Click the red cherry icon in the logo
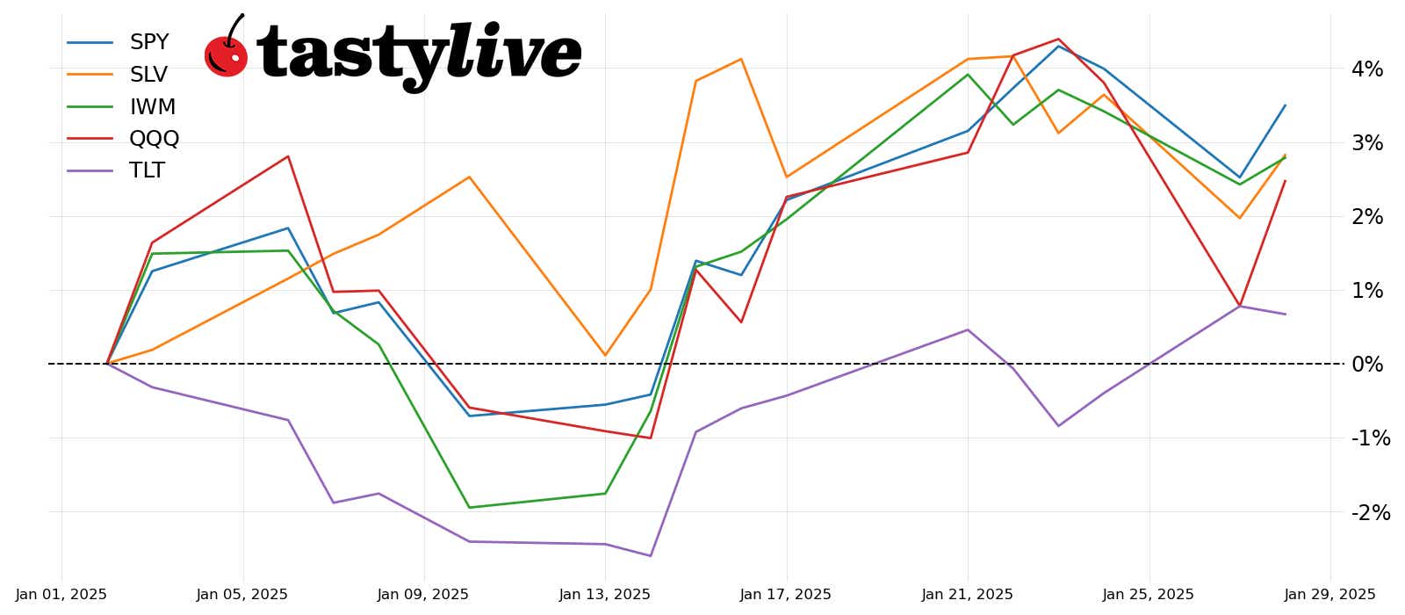[x=226, y=54]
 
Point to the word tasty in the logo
[x=351, y=54]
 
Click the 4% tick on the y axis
[x=1366, y=69]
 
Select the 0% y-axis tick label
[x=1366, y=365]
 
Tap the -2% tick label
[x=1370, y=512]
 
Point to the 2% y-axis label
[x=1366, y=217]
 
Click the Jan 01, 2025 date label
[x=61, y=595]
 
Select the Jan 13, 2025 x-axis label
[x=605, y=595]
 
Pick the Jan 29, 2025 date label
[x=1329, y=595]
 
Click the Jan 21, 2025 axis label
[x=967, y=595]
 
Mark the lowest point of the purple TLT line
[x=651, y=555]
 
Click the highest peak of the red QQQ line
[x=1058, y=40]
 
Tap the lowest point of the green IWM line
[x=469, y=507]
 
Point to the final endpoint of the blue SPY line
[x=1285, y=105]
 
